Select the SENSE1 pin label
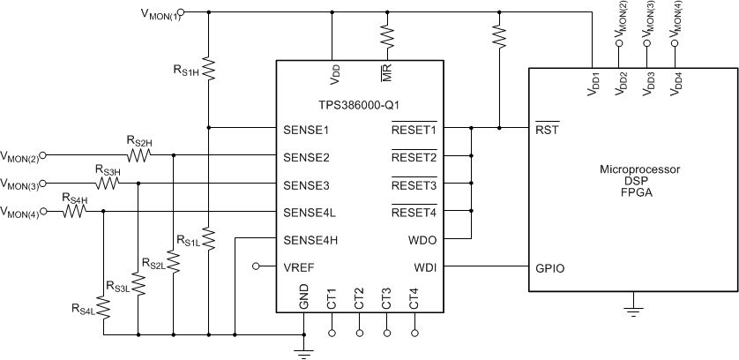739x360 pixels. (x=306, y=129)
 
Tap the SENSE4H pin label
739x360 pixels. (x=310, y=239)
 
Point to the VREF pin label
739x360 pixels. (x=298, y=266)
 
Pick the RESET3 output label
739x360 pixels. (x=414, y=185)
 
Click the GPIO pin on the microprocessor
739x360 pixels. (x=549, y=266)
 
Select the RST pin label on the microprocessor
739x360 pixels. (x=546, y=129)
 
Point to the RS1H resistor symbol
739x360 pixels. (x=208, y=67)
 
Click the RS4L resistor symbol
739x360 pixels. (x=104, y=308)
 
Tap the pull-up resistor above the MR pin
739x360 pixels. (x=386, y=34)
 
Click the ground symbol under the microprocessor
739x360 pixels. (x=631, y=308)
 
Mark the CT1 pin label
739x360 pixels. (x=332, y=298)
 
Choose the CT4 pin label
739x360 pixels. (x=414, y=298)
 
